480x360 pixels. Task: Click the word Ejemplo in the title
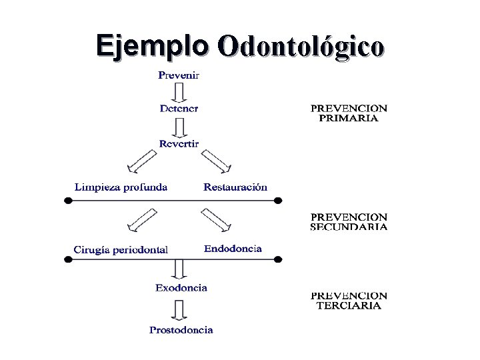(152, 45)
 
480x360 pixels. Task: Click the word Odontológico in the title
(301, 47)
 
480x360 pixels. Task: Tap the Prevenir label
(178, 75)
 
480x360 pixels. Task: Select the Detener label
(179, 108)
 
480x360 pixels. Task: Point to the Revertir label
(179, 143)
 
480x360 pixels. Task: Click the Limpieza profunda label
(121, 187)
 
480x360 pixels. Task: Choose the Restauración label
(235, 187)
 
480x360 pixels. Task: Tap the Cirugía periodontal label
(121, 250)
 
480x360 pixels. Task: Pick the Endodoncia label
(233, 249)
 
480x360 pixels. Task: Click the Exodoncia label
(181, 288)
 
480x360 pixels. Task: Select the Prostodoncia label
(181, 330)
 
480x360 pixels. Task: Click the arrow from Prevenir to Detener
(179, 91)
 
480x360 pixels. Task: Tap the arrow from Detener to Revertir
(179, 126)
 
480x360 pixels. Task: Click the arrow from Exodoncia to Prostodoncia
(179, 309)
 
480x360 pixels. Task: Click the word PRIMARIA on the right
(349, 119)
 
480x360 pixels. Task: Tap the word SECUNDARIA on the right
(349, 227)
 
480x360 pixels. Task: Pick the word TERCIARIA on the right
(349, 306)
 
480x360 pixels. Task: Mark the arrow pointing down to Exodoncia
(179, 268)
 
